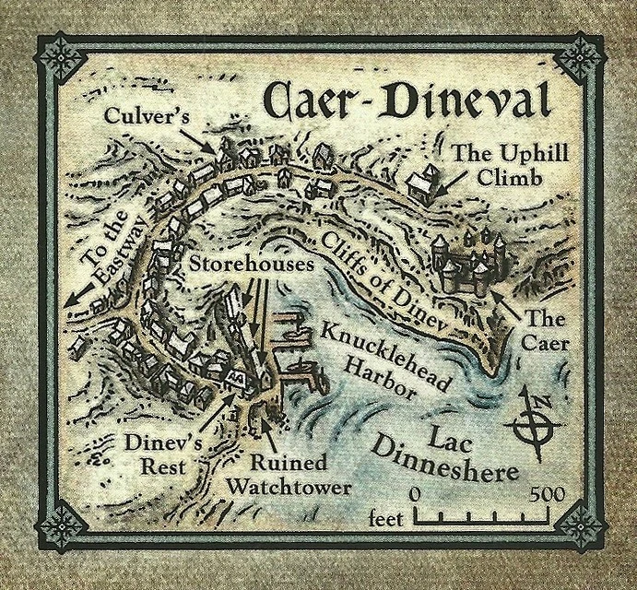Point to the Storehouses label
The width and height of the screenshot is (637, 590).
(x=247, y=263)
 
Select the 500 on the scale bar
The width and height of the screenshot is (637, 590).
(x=547, y=496)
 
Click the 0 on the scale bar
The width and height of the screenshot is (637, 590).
(x=414, y=496)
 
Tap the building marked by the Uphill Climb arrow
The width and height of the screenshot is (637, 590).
(x=422, y=186)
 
